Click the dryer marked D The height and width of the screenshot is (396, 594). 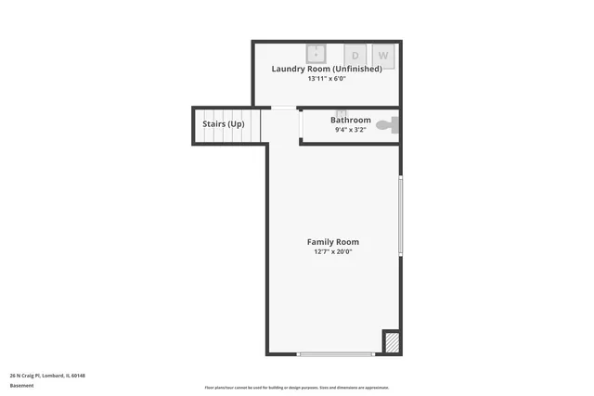[x=355, y=56]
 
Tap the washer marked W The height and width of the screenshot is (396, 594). [x=382, y=56]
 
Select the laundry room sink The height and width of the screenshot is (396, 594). [x=316, y=53]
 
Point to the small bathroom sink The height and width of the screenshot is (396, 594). [x=341, y=113]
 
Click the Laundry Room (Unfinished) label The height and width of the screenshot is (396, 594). [x=327, y=69]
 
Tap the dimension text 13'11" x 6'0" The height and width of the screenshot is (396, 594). [x=327, y=79]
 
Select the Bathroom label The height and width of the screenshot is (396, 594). [x=351, y=120]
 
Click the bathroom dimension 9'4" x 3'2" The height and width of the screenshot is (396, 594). [x=351, y=130]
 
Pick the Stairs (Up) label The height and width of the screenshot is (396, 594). [x=224, y=123]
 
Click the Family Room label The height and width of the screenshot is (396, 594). [x=333, y=242]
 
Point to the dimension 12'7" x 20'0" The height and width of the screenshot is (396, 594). [x=333, y=251]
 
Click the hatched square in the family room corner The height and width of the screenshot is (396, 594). [x=392, y=342]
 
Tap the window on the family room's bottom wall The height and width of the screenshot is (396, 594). [x=335, y=353]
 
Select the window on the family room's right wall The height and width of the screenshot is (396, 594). [x=400, y=216]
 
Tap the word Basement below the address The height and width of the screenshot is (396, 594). [x=22, y=385]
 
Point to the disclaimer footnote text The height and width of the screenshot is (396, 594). [x=296, y=388]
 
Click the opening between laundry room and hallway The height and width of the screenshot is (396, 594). [x=283, y=108]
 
